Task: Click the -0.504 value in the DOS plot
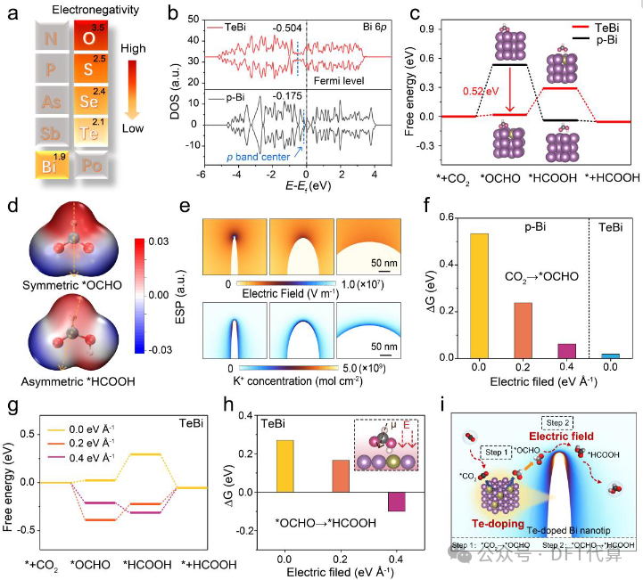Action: click(280, 27)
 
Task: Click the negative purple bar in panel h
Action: click(397, 501)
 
